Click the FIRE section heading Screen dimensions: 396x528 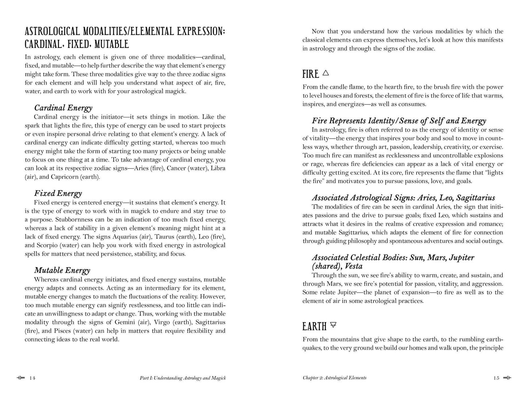click(311, 74)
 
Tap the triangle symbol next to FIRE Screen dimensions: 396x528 click(326, 73)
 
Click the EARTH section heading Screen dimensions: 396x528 click(314, 326)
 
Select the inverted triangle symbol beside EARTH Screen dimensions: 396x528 click(333, 324)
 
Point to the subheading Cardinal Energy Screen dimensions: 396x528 click(63, 108)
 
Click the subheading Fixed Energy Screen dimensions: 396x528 click(58, 193)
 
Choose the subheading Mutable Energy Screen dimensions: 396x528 click(62, 270)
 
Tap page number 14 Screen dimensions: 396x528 click(32, 378)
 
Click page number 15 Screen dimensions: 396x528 click(496, 378)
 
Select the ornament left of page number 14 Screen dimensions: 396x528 click(20, 378)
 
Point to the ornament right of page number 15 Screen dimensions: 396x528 click(507, 378)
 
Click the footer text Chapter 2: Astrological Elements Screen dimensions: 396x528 click(334, 378)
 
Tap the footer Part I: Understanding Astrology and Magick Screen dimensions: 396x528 click(183, 378)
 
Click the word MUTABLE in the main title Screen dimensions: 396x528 click(112, 45)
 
